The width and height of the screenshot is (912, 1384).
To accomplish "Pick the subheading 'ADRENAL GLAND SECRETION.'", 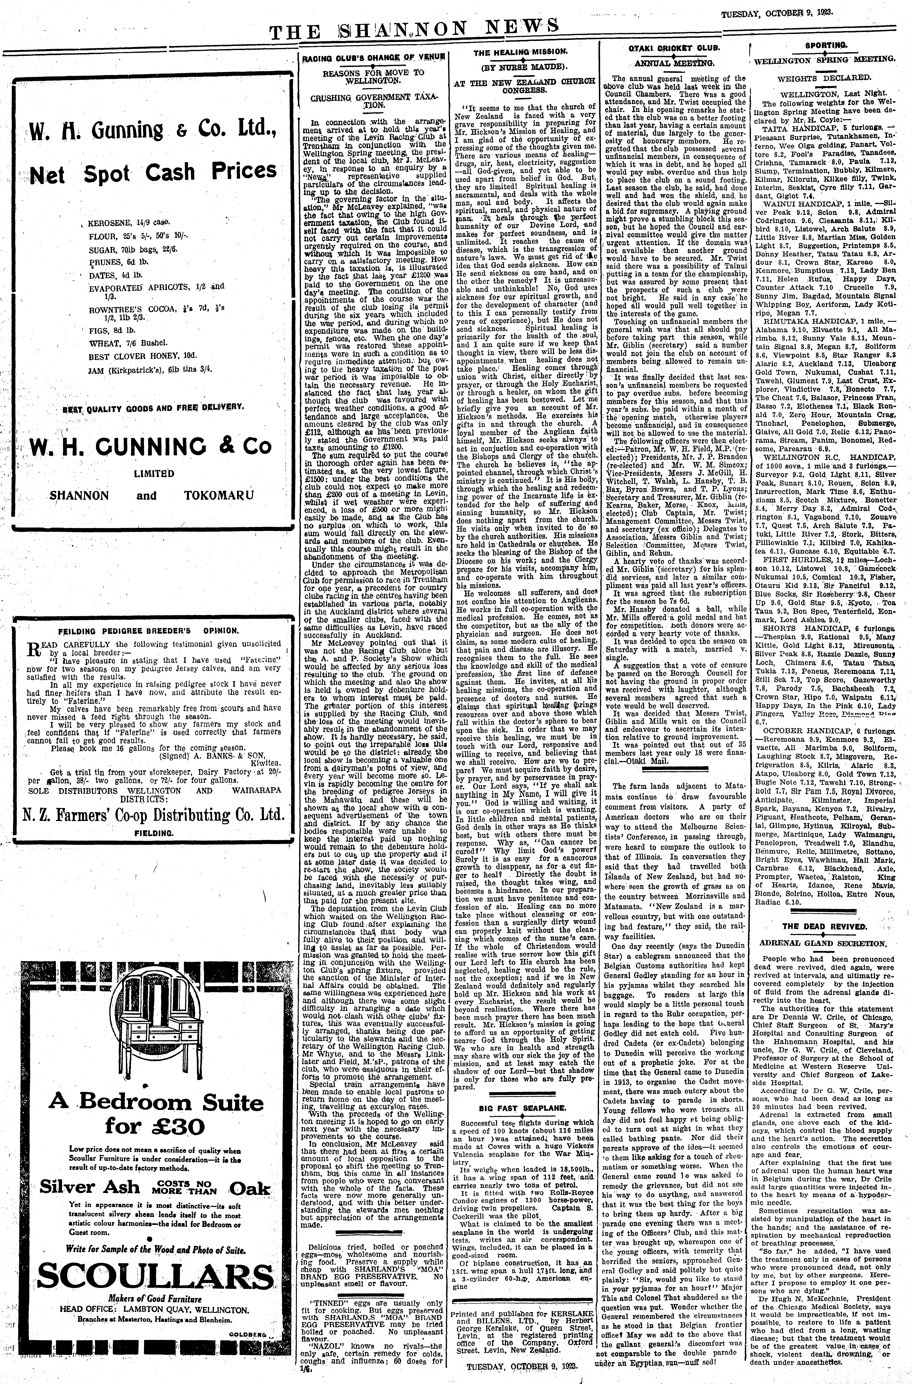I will [824, 943].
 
